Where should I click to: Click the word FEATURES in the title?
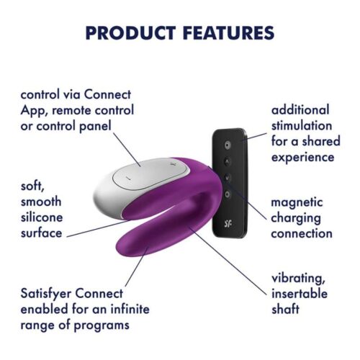click(x=222, y=33)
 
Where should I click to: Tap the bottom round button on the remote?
click(x=228, y=194)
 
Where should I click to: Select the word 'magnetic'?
click(x=297, y=202)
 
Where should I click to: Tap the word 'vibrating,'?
click(x=299, y=279)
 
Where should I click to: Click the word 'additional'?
click(x=300, y=110)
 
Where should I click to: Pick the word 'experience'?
click(x=302, y=157)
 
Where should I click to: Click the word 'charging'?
click(x=297, y=217)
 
